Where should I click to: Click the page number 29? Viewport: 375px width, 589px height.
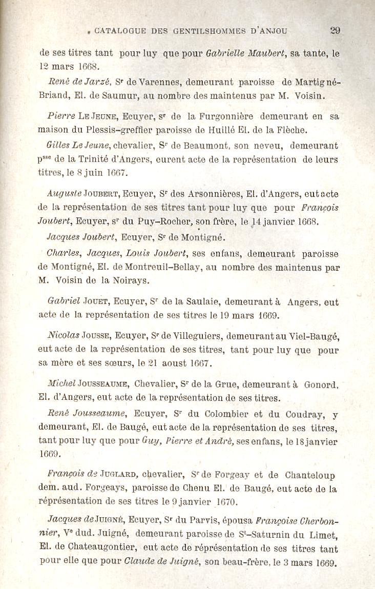click(x=335, y=30)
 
